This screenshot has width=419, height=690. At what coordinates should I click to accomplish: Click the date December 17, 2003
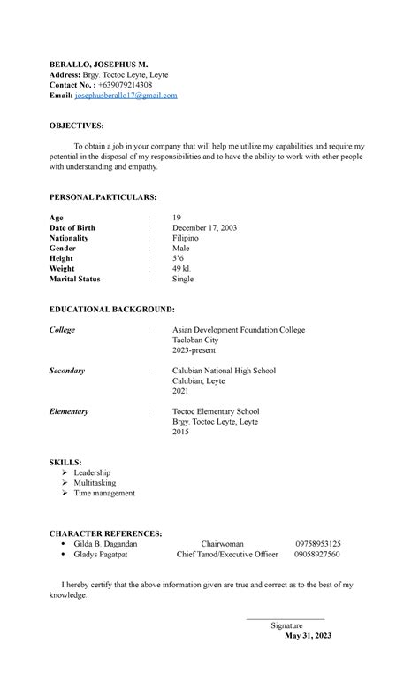click(204, 227)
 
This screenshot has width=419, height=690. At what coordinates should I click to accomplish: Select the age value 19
click(177, 217)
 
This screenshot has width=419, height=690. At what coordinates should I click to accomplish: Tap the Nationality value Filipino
click(186, 238)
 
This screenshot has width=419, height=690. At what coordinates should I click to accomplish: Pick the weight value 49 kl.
click(182, 268)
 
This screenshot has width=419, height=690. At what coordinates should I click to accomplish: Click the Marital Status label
click(75, 279)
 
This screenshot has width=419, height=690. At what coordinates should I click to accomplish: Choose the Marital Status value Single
click(182, 279)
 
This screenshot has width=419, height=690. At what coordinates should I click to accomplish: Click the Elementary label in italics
click(69, 411)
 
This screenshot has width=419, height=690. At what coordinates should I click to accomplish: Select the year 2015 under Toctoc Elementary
click(180, 432)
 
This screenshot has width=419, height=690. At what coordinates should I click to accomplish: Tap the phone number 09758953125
click(318, 544)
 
